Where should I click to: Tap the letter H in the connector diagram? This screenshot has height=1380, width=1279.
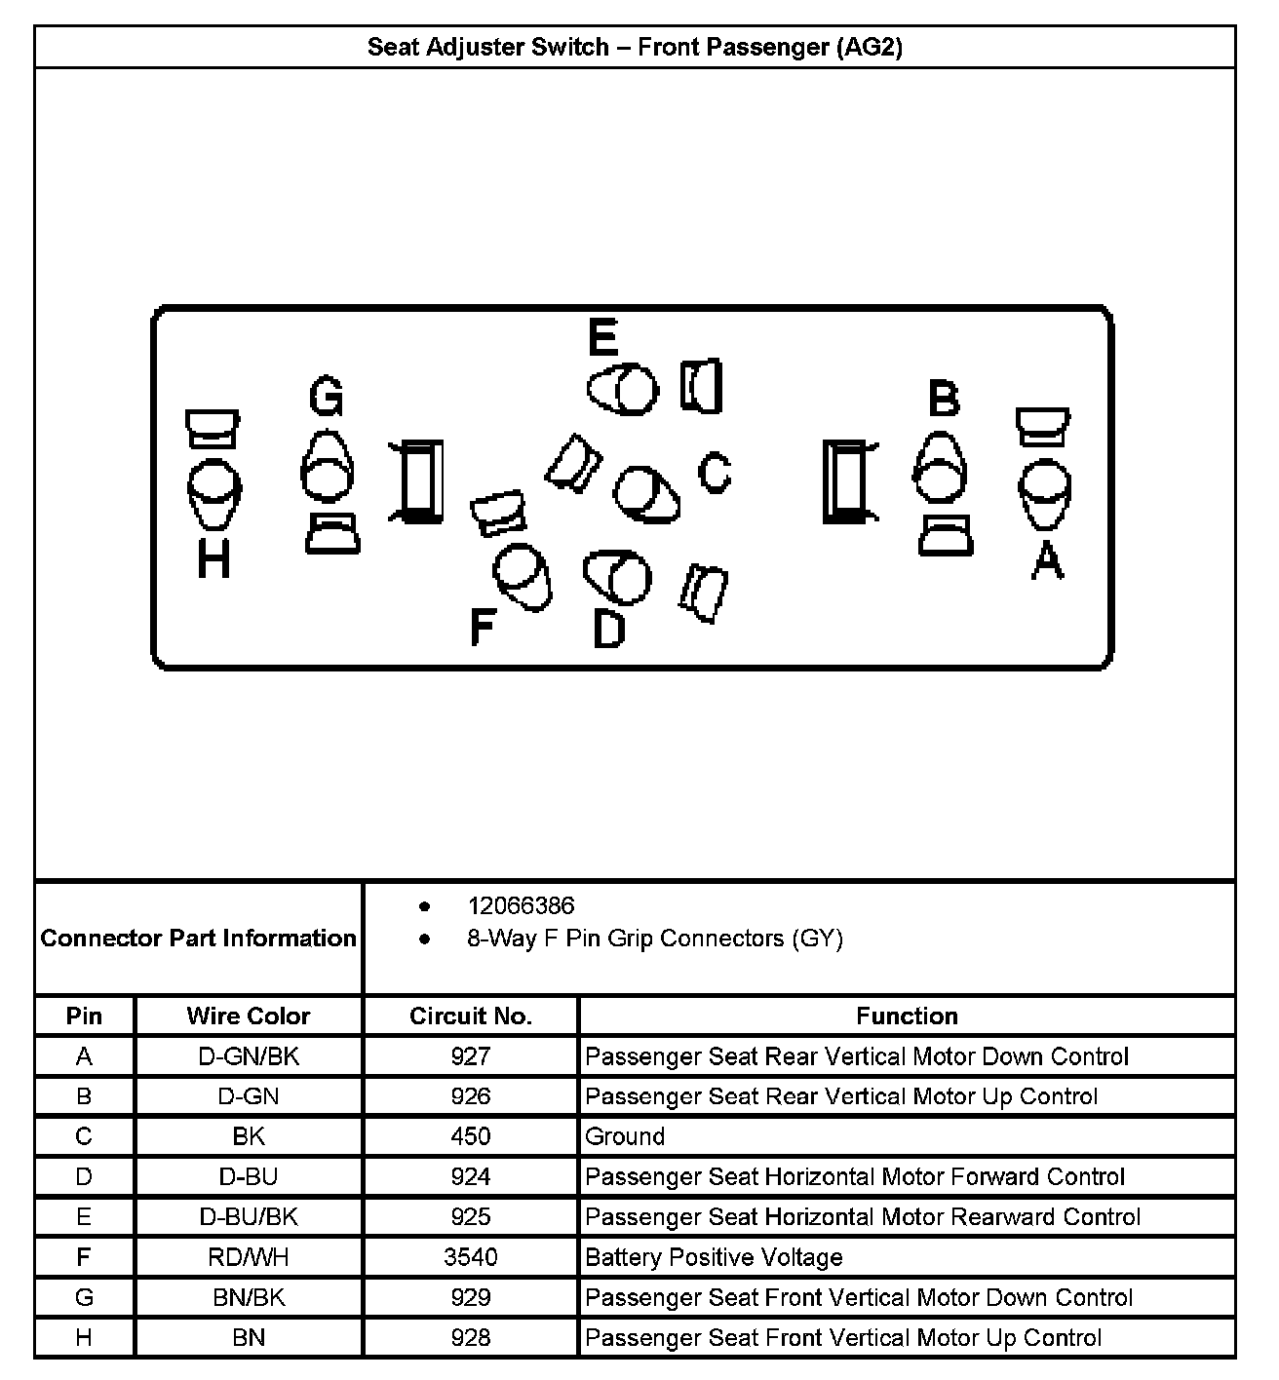tap(213, 559)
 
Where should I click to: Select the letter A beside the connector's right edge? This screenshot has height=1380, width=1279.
tap(1047, 559)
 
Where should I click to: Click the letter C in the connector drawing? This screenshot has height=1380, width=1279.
tap(715, 473)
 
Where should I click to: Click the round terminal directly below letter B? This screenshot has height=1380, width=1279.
tap(940, 470)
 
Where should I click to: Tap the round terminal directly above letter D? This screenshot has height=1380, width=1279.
tap(618, 577)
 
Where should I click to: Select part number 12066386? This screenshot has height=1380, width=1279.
tap(521, 906)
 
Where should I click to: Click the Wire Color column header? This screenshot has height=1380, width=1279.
tap(249, 1016)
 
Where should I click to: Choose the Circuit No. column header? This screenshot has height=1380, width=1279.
tap(470, 1016)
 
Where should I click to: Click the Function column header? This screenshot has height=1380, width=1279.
tap(907, 1016)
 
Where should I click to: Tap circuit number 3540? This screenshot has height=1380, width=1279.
tap(470, 1257)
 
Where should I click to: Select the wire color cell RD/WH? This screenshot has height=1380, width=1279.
tap(249, 1257)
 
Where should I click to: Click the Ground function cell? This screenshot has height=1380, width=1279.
tap(625, 1136)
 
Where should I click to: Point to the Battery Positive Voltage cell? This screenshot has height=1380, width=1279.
tap(714, 1257)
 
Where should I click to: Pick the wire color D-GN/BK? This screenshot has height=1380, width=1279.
tap(249, 1056)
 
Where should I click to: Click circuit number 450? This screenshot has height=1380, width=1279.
tap(470, 1136)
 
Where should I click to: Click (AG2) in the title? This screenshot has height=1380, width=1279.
tap(869, 47)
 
